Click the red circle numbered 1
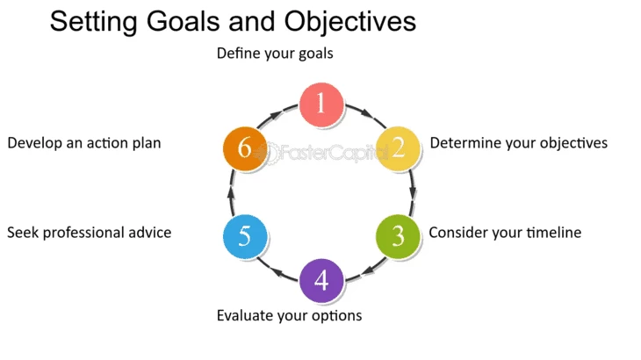pos(321,104)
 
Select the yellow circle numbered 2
pos(398,148)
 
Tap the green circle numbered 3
pos(398,235)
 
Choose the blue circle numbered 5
pos(245,235)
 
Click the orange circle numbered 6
pos(245,148)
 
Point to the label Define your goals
pos(275,54)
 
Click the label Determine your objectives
pos(518,142)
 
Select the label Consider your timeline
pos(505,233)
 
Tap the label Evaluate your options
pos(289,314)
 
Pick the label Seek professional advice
pos(89,233)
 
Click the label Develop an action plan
pos(84,142)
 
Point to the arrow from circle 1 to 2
pos(363,114)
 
